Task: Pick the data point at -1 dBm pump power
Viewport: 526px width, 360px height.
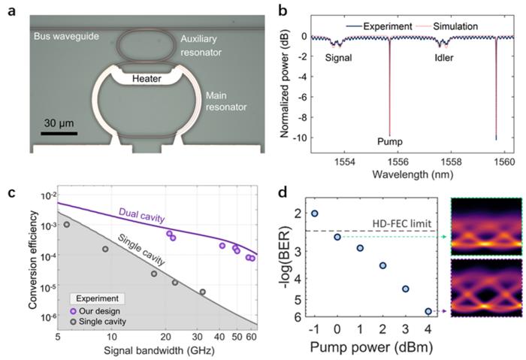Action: (314, 213)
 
